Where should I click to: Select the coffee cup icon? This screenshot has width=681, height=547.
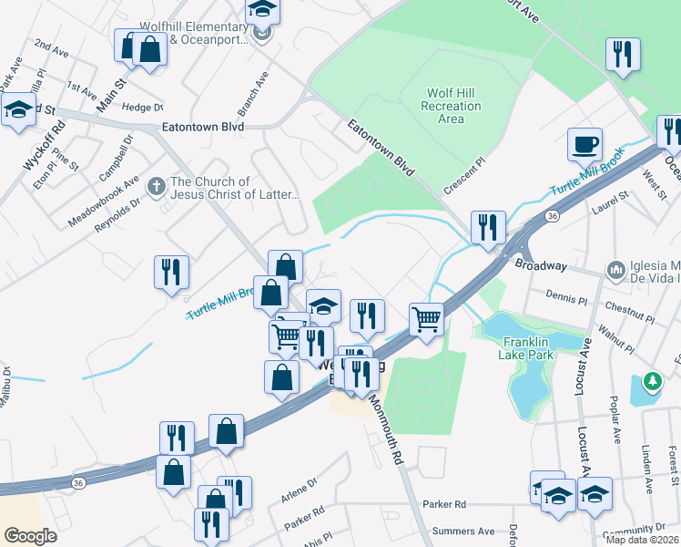[x=584, y=143]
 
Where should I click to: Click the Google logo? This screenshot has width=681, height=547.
[x=30, y=536]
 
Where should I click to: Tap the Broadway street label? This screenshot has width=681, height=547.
[x=542, y=266]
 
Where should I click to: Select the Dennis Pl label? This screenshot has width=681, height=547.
[x=569, y=295]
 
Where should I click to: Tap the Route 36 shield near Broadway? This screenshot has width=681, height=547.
[x=552, y=216]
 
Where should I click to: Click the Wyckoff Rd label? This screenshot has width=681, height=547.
[x=39, y=147]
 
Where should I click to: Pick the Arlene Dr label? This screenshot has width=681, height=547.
[x=300, y=494]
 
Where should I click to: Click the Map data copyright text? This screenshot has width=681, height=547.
[x=641, y=539]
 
